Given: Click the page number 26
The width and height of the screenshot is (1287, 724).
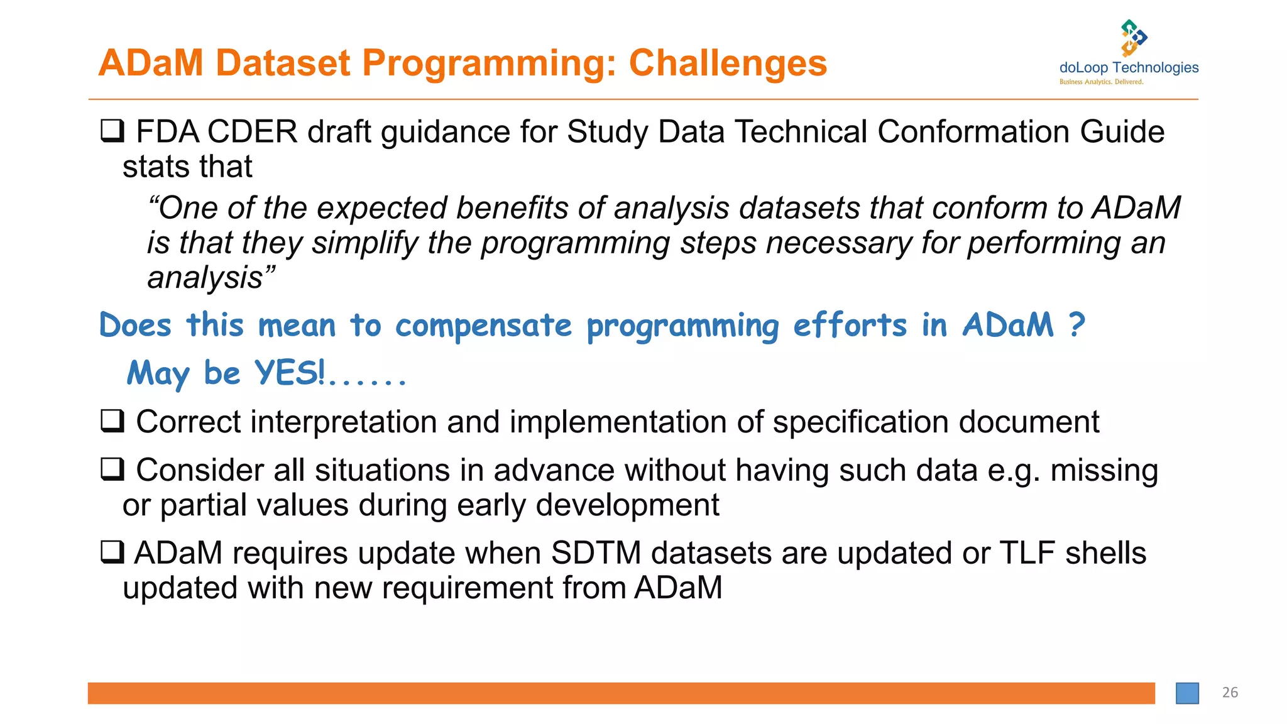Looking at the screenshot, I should [x=1230, y=693].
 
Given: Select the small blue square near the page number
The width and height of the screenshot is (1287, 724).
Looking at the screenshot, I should [x=1187, y=693].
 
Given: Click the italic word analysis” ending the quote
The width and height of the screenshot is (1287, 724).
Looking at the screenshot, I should [x=211, y=278].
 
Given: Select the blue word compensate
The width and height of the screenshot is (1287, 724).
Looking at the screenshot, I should [x=483, y=326].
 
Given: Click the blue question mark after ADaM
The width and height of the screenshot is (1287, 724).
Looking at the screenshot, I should [x=1076, y=325].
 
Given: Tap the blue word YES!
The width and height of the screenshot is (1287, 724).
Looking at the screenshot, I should [x=289, y=373].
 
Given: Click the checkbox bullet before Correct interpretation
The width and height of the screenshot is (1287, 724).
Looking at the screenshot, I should [x=112, y=420].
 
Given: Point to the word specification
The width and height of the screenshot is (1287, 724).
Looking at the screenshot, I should [x=861, y=422].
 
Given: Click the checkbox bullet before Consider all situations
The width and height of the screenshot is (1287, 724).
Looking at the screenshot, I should [x=112, y=469].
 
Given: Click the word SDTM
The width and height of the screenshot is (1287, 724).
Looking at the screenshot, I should [x=596, y=554].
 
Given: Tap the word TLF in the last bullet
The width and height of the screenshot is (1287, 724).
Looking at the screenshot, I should [x=1027, y=554].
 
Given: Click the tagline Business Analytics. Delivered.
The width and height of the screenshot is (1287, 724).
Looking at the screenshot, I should [x=1101, y=82].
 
